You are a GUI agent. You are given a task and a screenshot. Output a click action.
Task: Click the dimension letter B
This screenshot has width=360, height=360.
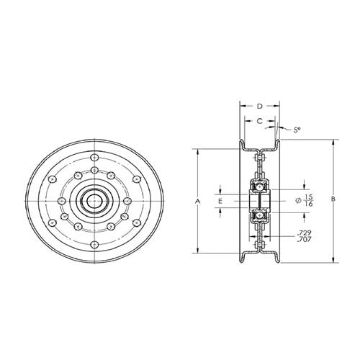point(333,199)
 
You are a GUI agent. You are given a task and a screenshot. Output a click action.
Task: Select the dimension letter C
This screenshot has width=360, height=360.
point(259,121)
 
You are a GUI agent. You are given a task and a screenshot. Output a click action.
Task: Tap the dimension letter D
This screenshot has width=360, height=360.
point(259,107)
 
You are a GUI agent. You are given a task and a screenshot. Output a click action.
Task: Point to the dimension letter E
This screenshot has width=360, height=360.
point(220,201)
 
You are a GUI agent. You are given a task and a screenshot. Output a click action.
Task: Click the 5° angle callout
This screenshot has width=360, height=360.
point(296,130)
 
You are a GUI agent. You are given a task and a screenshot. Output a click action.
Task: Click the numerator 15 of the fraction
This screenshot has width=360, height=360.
point(308,196)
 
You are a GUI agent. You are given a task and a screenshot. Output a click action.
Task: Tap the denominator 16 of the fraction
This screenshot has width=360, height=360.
point(308,204)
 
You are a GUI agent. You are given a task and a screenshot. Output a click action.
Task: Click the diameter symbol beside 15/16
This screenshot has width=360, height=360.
point(297,200)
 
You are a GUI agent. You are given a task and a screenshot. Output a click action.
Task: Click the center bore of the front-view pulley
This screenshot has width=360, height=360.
point(94,200)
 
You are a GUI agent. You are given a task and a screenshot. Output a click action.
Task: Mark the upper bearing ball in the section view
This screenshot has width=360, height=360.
point(259,187)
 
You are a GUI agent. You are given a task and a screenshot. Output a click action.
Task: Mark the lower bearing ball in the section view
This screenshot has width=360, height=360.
point(259,214)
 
